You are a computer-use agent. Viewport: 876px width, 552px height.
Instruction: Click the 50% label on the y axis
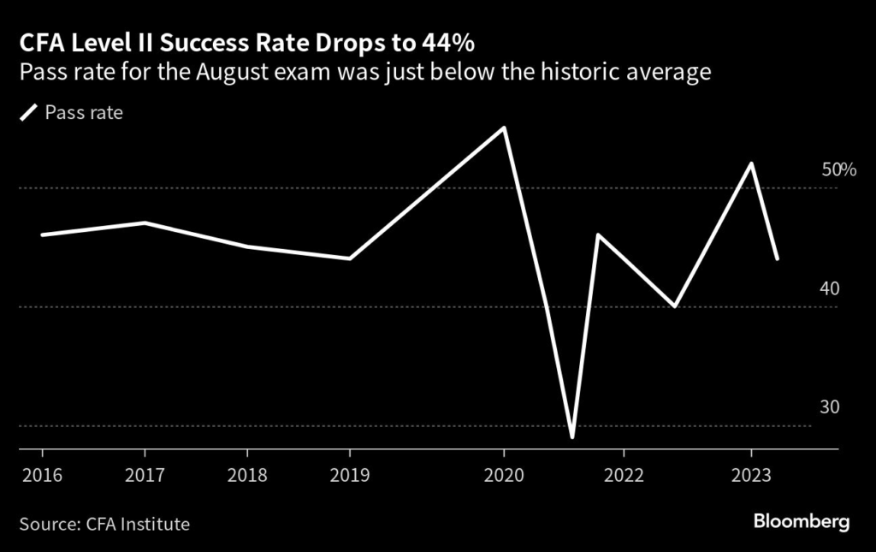[838, 170]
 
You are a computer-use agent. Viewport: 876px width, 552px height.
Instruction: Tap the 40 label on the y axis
[830, 288]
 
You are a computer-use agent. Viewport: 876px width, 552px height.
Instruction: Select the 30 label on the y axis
[830, 407]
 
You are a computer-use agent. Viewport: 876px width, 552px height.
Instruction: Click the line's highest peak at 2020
[504, 128]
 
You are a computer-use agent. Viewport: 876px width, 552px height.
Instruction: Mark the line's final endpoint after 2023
[777, 258]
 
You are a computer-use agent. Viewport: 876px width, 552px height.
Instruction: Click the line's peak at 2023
[751, 163]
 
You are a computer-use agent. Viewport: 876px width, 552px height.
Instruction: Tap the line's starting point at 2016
[41, 234]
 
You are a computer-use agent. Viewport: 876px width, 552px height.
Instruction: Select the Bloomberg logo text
[802, 520]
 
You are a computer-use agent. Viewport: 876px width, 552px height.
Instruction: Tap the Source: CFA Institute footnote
[104, 523]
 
